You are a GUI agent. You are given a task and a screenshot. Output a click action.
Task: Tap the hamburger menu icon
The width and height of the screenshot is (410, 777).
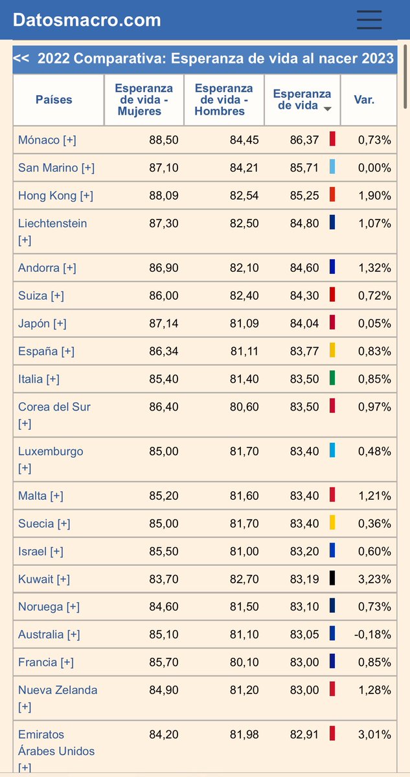tap(369, 19)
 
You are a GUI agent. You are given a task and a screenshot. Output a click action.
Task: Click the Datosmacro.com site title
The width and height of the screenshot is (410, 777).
tap(87, 20)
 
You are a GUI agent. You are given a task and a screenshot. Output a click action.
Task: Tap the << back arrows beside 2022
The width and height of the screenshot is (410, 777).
tap(21, 58)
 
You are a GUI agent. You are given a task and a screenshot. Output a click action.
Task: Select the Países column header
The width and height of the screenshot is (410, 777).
tap(54, 100)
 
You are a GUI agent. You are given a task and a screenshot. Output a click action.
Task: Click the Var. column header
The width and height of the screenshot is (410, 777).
tap(364, 100)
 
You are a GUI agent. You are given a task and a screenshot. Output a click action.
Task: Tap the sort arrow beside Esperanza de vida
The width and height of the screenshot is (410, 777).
tap(328, 109)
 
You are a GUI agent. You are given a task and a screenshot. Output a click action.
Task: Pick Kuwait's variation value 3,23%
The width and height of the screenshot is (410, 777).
tap(374, 579)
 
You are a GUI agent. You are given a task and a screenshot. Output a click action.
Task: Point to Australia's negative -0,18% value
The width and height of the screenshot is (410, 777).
tap(372, 635)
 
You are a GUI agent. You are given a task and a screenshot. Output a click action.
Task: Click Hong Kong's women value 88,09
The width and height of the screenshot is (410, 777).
tap(164, 196)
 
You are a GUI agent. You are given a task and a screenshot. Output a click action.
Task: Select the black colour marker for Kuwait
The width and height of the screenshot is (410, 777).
tap(332, 578)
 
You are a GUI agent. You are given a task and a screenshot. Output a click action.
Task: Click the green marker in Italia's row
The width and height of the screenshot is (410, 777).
tap(332, 377)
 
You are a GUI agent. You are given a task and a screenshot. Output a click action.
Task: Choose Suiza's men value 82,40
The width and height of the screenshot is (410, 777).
tap(244, 296)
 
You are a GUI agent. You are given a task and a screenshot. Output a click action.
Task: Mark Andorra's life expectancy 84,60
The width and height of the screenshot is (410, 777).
tap(304, 268)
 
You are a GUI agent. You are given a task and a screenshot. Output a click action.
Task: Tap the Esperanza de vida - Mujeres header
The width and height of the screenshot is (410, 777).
tap(144, 100)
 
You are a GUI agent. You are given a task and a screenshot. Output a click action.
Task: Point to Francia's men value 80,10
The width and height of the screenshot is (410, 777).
tap(244, 662)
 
